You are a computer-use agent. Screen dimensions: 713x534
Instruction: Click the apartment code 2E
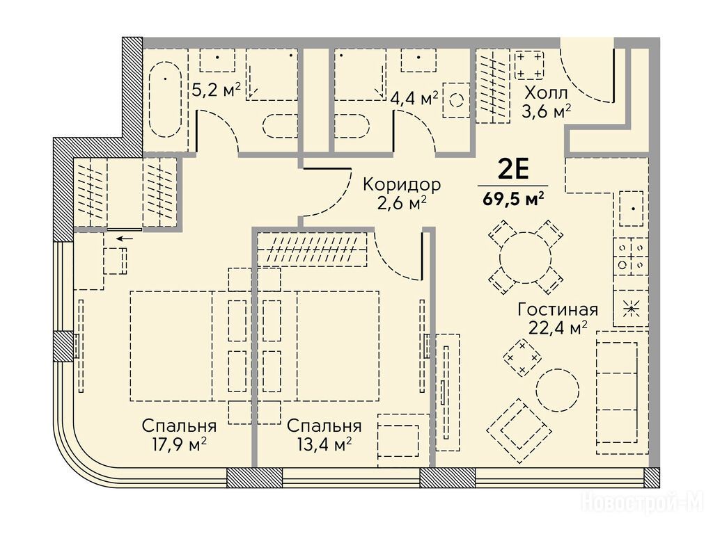513,170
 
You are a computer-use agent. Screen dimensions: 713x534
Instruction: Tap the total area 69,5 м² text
513,199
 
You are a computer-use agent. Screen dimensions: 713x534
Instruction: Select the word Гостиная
558,310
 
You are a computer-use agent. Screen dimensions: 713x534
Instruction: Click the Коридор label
402,185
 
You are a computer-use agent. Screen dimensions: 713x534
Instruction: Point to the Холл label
546,94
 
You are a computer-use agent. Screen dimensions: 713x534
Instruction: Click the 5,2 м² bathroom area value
216,90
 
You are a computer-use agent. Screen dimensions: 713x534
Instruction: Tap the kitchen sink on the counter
631,209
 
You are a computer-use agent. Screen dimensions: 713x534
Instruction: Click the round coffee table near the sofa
558,389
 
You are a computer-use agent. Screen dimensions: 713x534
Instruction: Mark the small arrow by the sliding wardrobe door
125,238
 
